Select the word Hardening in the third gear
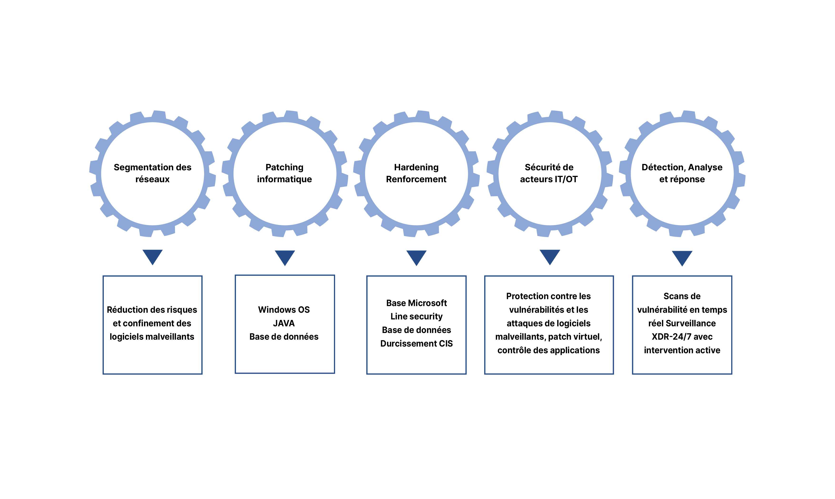(416, 168)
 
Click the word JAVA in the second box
(284, 323)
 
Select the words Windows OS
(284, 310)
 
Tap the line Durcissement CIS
(416, 344)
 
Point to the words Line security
(416, 317)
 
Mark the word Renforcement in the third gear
(416, 179)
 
